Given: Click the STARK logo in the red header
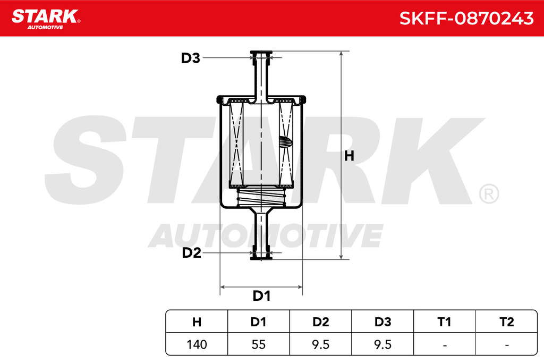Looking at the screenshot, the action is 46,19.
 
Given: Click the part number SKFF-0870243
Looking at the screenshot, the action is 466,18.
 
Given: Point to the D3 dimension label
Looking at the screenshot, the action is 191,58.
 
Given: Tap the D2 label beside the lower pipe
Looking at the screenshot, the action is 191,252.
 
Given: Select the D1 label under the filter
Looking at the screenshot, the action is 261,296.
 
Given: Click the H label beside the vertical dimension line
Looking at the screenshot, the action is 349,156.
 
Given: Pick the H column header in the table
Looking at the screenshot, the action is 197,322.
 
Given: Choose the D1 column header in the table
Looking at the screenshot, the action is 259,322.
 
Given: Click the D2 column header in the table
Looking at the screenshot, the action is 320,322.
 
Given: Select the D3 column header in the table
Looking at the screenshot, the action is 382,322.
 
